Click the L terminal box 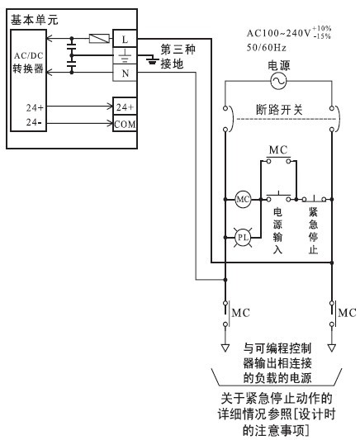[x=125, y=39]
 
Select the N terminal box [x=125, y=73]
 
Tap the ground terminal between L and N [x=125, y=55]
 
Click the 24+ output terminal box [x=125, y=106]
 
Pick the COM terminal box [x=125, y=124]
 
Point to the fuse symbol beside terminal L [x=99, y=39]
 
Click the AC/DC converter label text [x=29, y=62]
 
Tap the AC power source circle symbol [x=278, y=82]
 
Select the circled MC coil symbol [x=243, y=199]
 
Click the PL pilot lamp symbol [x=243, y=238]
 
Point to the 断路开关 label [x=279, y=110]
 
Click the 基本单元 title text [x=34, y=20]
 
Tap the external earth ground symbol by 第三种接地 [x=153, y=59]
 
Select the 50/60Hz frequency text [x=266, y=48]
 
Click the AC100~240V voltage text [x=289, y=33]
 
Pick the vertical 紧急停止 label [x=313, y=230]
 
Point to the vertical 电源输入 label [x=277, y=230]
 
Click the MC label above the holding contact [x=278, y=150]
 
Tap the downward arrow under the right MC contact [x=332, y=348]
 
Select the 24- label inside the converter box [x=35, y=122]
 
